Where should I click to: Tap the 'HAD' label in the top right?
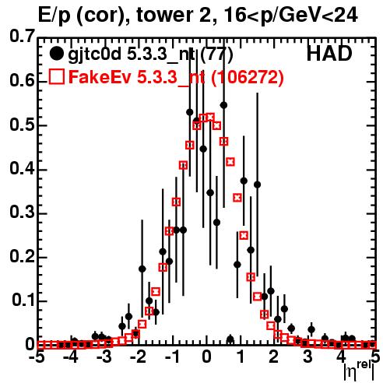[x=329, y=54]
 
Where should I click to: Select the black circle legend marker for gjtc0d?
[x=56, y=54]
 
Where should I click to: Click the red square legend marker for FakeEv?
[x=56, y=77]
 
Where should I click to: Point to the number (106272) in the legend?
[x=248, y=77]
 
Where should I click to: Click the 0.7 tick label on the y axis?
[x=22, y=36]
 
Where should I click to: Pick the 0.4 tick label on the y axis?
[x=22, y=168]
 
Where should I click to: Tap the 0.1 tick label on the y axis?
[x=23, y=300]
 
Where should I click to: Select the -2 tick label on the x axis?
[x=139, y=357]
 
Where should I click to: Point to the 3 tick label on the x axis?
[x=308, y=357]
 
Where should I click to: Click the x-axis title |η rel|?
[x=359, y=371]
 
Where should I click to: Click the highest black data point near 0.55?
[x=223, y=105]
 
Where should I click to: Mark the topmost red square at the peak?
[x=210, y=117]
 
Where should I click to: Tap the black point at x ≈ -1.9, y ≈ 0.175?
[x=142, y=269]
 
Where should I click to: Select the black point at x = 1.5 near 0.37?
[x=257, y=184]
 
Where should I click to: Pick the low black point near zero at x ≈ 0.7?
[x=230, y=339]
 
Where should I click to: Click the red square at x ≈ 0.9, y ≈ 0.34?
[x=237, y=198]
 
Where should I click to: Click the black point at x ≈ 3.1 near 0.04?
[x=311, y=329]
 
